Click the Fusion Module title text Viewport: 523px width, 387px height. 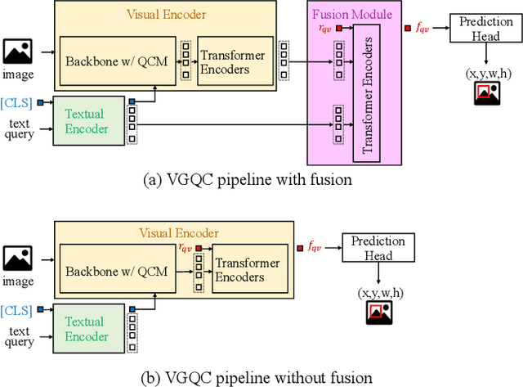(352, 14)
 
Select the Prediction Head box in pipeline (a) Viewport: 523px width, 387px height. (486, 30)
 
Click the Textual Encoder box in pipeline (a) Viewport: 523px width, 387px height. (87, 122)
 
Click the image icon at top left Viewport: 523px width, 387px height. (18, 52)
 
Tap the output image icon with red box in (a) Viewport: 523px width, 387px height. (488, 95)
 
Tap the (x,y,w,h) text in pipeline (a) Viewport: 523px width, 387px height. (489, 74)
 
